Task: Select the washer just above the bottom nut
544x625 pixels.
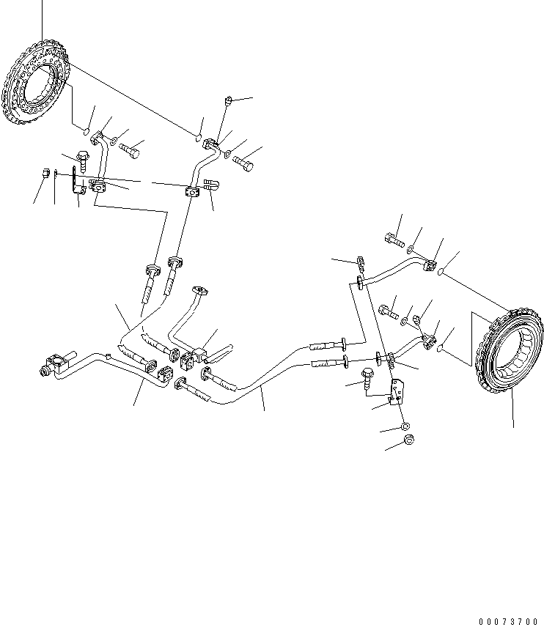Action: coord(406,426)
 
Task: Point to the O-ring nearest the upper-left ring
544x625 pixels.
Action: coord(86,132)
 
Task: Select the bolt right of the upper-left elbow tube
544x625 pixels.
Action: coord(131,152)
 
